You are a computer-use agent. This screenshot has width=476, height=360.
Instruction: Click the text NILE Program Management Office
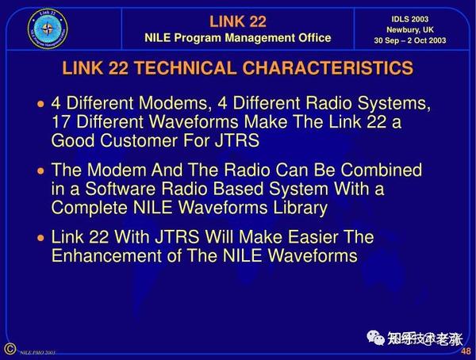coord(237,38)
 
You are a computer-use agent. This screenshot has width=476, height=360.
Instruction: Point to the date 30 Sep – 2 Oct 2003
coord(410,40)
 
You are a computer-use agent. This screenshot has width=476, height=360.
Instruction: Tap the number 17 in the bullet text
coord(61,122)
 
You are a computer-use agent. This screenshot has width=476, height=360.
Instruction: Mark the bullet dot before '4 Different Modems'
coord(41,105)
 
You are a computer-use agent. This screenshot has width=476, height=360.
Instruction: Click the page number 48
coord(464,351)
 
